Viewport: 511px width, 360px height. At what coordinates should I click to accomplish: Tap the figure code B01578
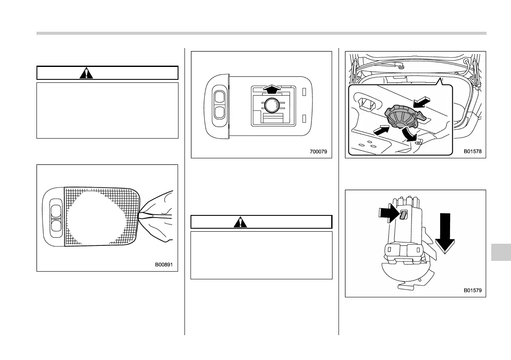click(x=472, y=151)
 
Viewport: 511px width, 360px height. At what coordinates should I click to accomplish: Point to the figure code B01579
click(x=472, y=290)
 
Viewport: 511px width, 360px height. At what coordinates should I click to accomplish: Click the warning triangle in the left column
click(x=87, y=73)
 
